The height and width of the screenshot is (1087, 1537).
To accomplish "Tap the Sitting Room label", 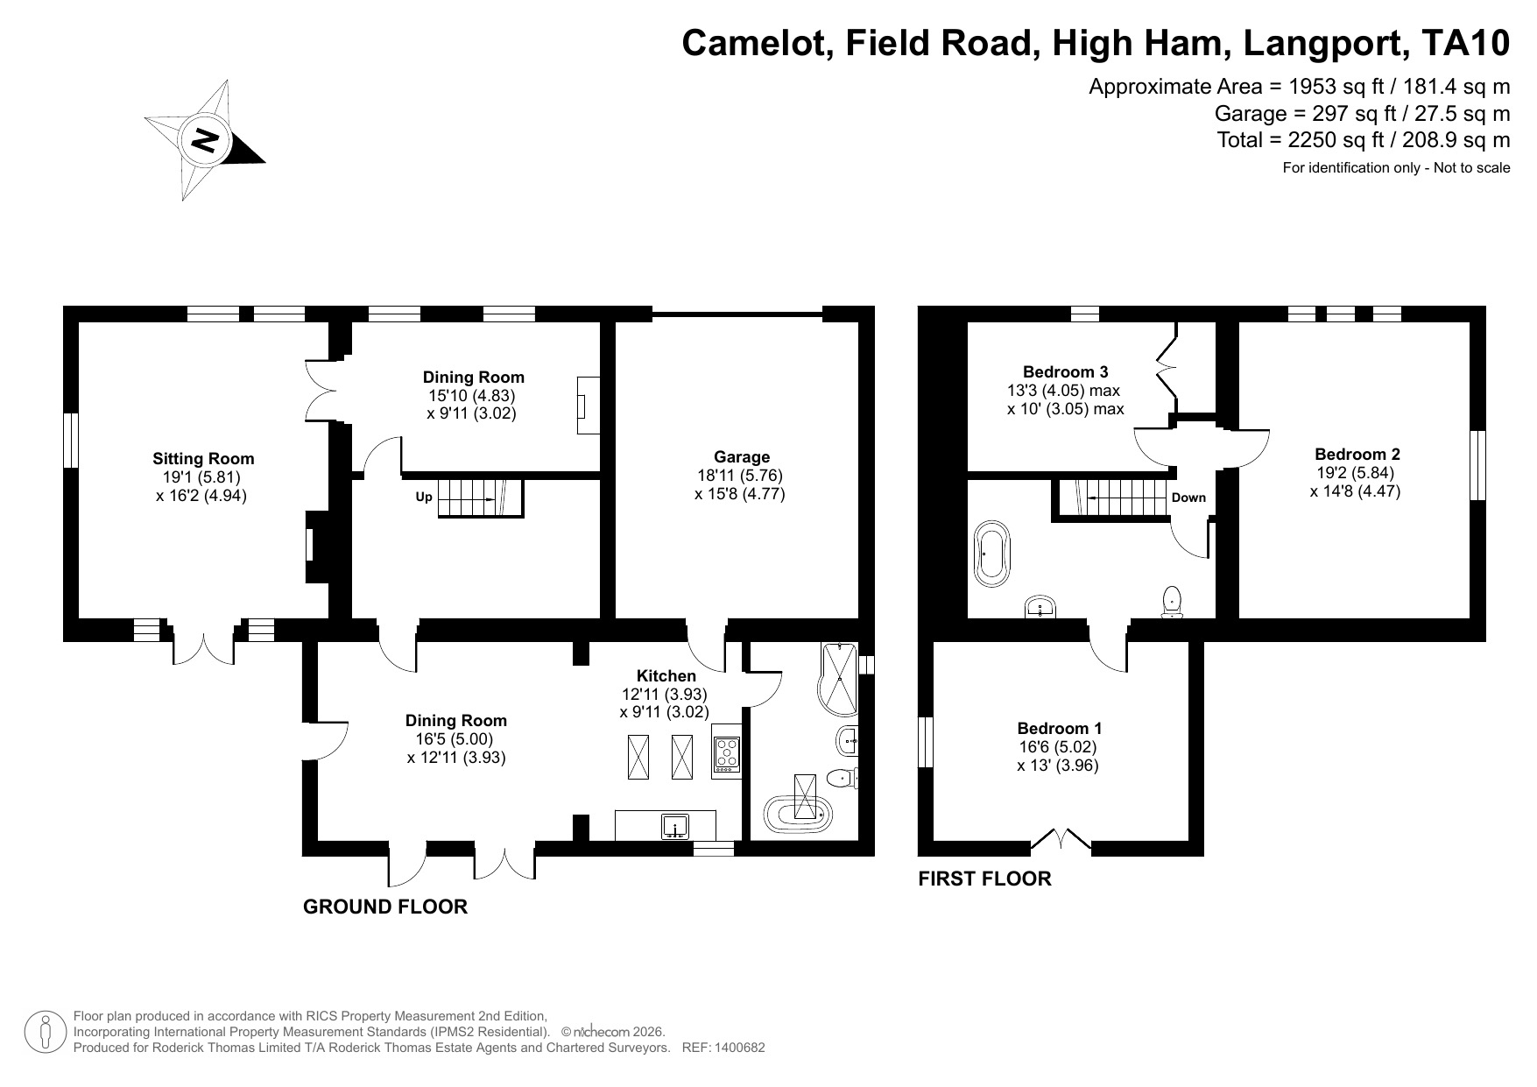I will point(203,458).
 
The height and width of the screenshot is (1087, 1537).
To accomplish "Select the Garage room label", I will point(741,456).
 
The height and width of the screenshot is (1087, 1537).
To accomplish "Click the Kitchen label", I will point(666,675).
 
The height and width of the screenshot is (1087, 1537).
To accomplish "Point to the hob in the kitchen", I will point(727,752).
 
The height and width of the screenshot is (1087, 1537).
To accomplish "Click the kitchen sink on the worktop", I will point(674,826).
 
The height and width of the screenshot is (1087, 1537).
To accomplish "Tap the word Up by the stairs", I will point(424,497).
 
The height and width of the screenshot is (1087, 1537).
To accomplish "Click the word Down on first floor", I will point(1188,498).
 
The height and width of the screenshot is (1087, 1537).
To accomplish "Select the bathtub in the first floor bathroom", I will point(991,554).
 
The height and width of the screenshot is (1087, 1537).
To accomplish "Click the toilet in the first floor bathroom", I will point(1172,602).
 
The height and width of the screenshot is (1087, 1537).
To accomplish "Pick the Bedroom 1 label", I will point(1059,728).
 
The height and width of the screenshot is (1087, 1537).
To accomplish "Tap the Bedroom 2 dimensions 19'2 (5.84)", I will point(1355,472).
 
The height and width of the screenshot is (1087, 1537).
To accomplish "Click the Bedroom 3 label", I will point(1065,371).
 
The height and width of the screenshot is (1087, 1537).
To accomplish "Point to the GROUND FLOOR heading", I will point(384,907).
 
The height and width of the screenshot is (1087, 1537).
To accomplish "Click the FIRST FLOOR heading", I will point(984,879).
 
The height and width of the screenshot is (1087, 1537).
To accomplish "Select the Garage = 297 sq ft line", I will point(1362,113).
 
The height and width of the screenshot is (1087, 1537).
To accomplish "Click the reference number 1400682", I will point(740,1047).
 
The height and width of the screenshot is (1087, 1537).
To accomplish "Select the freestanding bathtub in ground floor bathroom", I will point(797,813).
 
